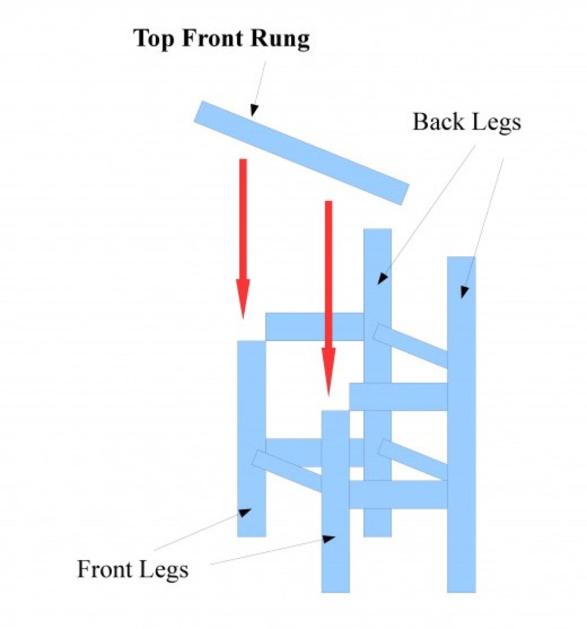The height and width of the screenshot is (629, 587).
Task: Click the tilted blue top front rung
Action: [301, 152]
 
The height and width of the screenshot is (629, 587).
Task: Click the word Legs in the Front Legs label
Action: [165, 569]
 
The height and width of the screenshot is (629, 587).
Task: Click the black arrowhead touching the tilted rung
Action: [254, 110]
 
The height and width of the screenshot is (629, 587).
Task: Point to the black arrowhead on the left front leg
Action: [244, 512]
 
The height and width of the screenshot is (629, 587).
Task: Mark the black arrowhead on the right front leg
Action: [329, 538]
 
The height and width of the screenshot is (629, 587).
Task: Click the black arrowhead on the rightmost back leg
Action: [464, 291]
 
